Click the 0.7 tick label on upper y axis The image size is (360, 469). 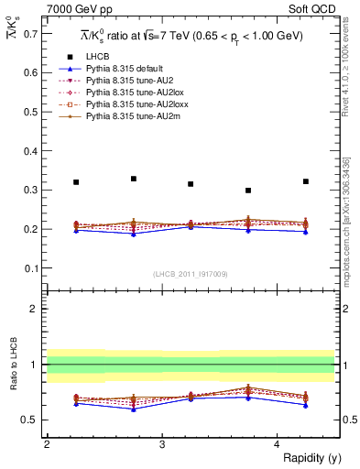30,34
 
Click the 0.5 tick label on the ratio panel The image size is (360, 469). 30,420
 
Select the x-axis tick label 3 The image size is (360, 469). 161,443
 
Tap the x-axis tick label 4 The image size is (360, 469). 277,443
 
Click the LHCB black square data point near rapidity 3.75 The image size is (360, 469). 248,191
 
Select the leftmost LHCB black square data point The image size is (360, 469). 76,182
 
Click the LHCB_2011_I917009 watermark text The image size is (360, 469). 190,274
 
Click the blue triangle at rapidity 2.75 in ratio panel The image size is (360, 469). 134,409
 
